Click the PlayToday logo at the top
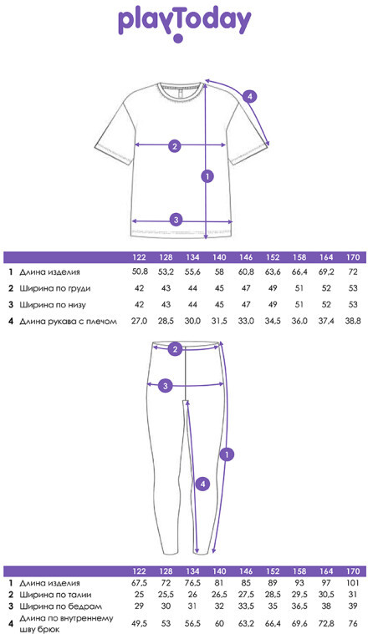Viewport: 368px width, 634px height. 184,24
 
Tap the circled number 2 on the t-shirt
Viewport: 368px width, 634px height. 175,146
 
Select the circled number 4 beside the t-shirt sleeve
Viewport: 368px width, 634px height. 250,97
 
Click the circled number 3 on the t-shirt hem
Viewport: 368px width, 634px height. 176,220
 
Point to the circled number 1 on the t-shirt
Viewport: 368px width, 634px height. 207,176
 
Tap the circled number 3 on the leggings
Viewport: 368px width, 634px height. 165,386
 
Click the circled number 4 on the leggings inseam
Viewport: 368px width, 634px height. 203,484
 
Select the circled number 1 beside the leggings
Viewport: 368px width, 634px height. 227,454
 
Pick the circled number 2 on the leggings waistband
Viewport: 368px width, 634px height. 175,349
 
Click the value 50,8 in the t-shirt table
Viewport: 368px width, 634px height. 140,272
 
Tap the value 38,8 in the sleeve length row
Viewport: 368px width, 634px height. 353,322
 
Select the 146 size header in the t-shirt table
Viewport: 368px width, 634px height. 246,257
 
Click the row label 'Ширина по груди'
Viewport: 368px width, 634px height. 55,289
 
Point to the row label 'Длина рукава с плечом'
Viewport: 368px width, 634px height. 68,322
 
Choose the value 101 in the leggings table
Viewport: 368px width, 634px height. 353,583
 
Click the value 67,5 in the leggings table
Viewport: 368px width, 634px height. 140,583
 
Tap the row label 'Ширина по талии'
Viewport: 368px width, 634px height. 55,595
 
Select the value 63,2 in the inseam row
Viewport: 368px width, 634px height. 246,623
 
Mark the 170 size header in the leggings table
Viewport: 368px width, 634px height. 353,571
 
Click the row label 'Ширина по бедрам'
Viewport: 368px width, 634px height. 60,606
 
